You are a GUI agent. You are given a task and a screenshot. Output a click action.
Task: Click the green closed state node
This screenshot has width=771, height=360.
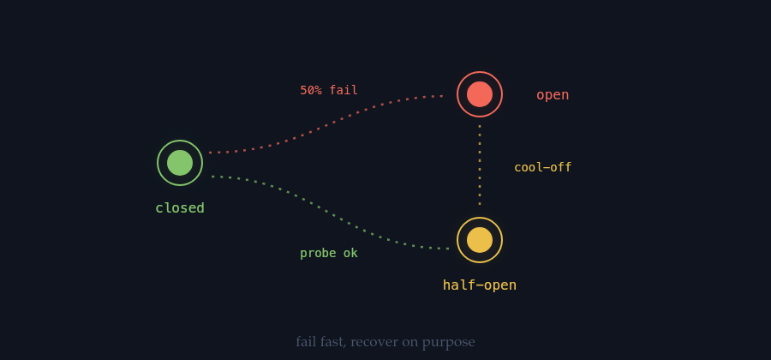(x=180, y=163)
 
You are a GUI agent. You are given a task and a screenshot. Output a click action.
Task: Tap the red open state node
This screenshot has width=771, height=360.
(x=480, y=94)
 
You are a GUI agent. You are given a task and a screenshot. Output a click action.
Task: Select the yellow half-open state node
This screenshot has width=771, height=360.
(x=480, y=240)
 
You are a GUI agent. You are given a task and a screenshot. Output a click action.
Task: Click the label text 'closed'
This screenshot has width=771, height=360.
(x=180, y=208)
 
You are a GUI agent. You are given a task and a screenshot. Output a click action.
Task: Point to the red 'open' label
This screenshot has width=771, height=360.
(x=553, y=95)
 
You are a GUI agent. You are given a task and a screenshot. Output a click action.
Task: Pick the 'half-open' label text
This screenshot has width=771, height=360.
(x=480, y=285)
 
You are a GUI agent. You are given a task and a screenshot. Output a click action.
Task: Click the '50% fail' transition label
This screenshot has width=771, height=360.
(x=329, y=91)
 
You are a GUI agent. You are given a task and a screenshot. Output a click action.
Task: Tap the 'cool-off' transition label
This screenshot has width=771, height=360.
(x=543, y=168)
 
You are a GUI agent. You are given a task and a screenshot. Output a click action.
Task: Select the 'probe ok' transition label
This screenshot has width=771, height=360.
(x=329, y=253)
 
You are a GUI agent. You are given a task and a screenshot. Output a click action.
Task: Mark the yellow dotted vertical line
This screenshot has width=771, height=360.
(x=480, y=165)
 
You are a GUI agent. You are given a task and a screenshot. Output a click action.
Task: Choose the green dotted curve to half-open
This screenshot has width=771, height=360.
(x=330, y=213)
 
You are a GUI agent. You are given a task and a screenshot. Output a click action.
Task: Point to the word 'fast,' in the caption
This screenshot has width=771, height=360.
(x=334, y=342)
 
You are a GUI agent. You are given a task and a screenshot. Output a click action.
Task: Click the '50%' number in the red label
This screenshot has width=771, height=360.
(x=311, y=91)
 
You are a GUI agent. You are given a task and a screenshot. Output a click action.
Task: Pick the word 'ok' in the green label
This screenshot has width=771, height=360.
(x=351, y=253)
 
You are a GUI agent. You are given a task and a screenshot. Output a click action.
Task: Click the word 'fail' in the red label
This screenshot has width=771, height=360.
(x=344, y=91)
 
